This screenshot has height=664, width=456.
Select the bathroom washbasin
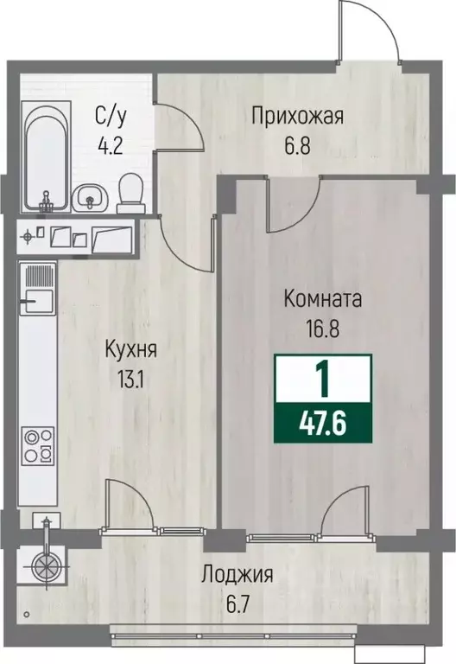89,199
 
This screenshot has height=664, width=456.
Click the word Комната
322,300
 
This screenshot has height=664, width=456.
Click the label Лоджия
237,574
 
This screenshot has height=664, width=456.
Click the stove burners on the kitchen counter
36,445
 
